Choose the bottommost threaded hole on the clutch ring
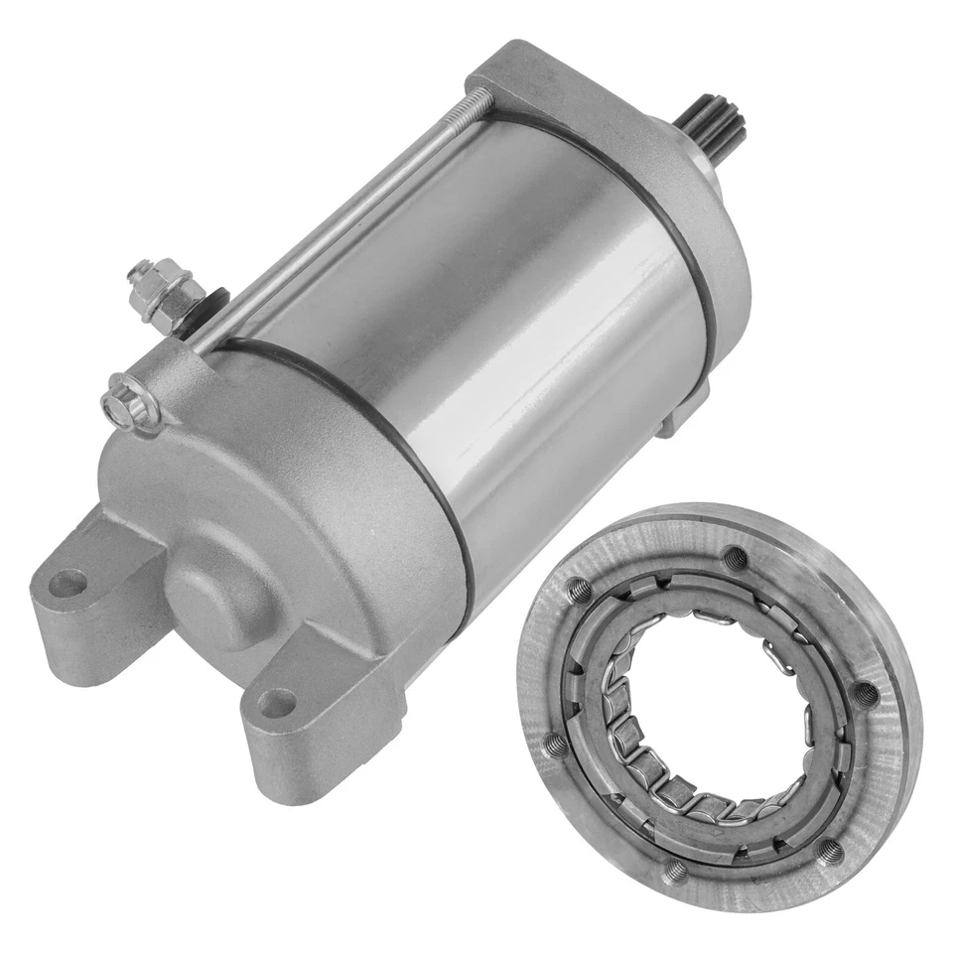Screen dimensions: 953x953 (x=676, y=870)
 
